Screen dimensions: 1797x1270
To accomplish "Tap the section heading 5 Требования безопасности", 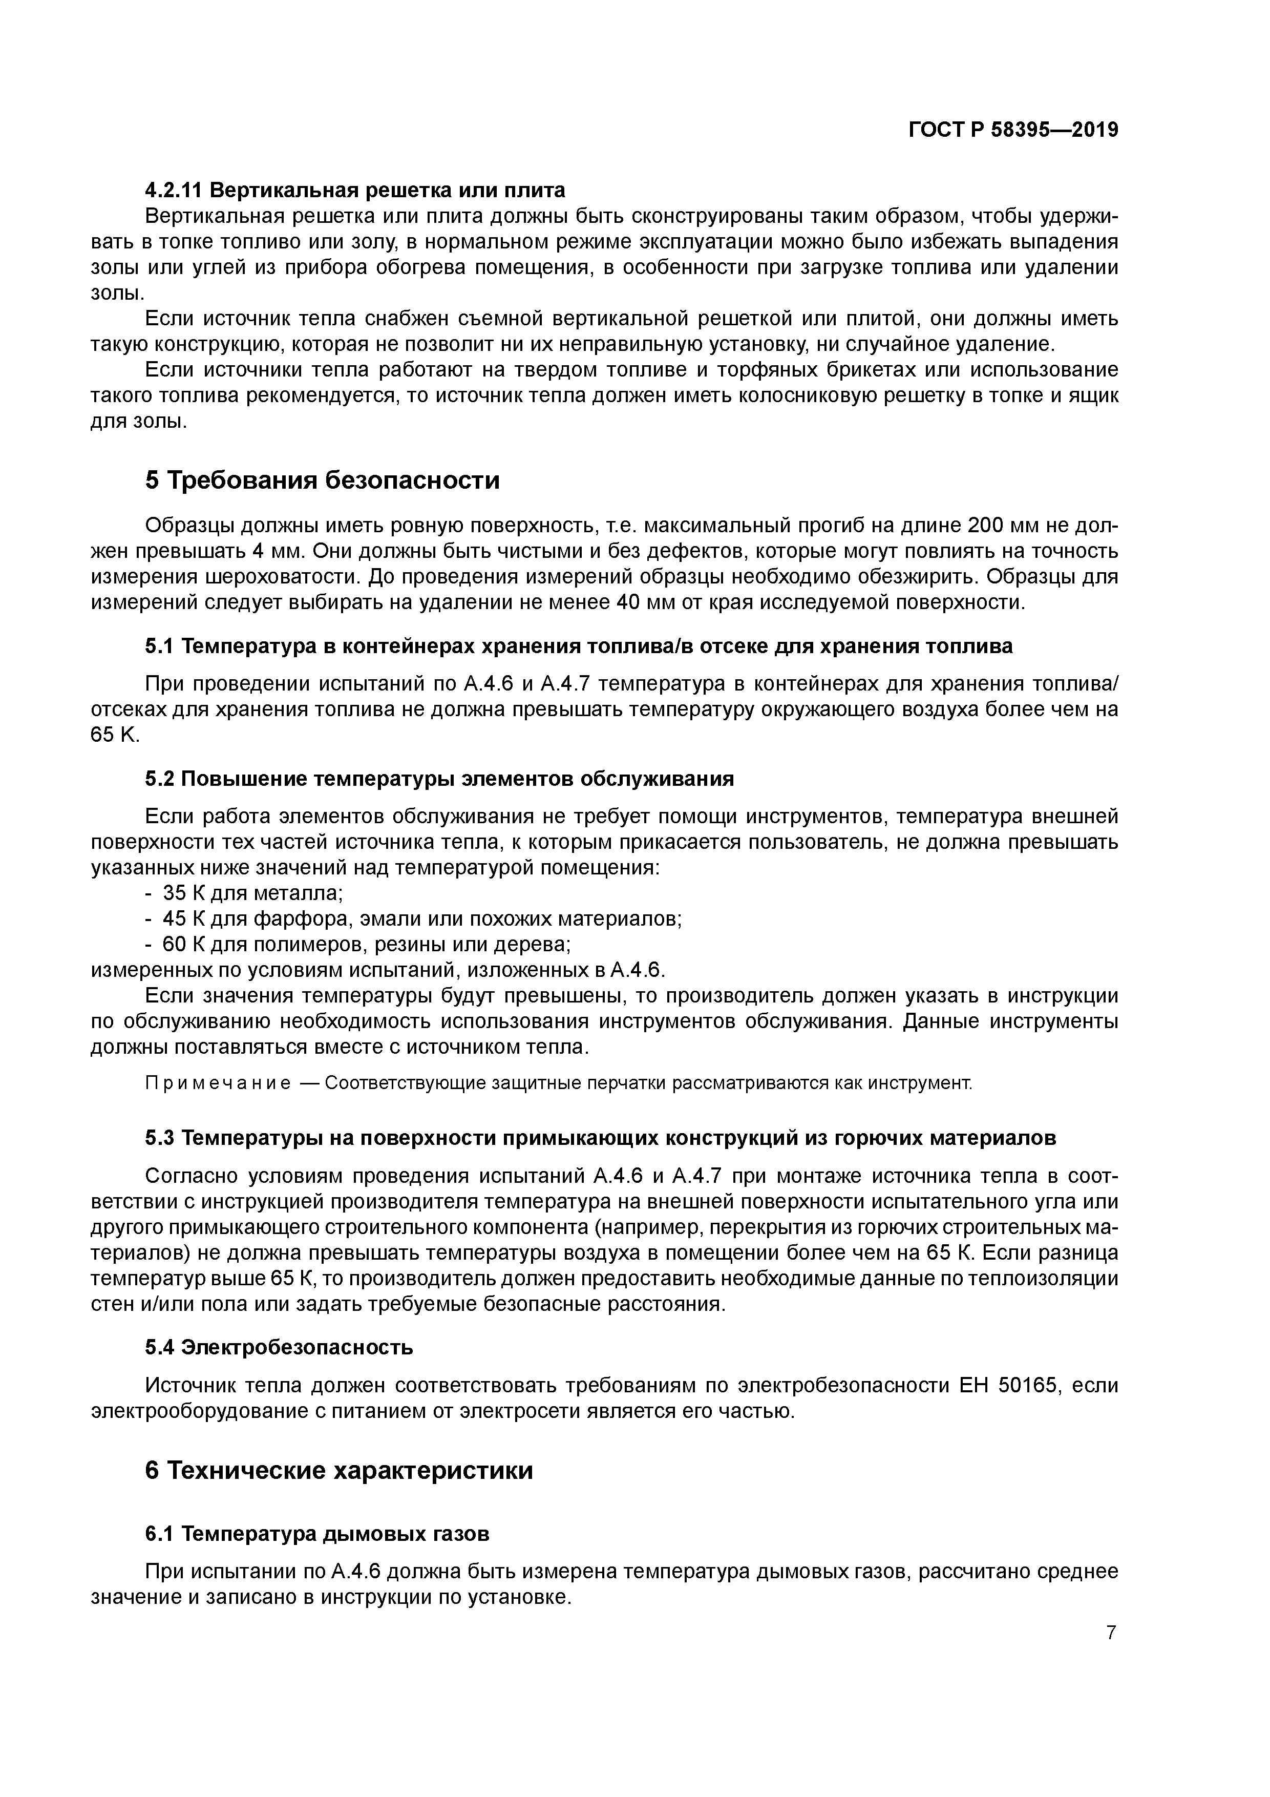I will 323,480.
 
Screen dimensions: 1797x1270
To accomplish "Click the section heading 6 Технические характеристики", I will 339,1471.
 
